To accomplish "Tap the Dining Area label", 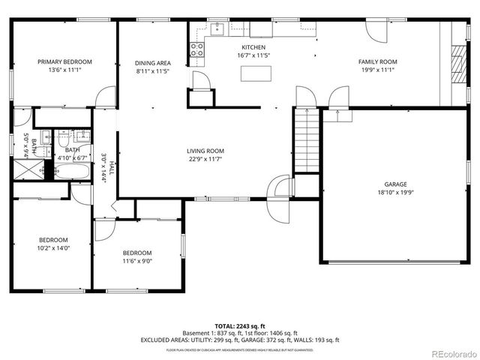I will tap(152, 63).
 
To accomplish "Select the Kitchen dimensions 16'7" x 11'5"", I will tap(254, 55).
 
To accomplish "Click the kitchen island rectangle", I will tap(253, 73).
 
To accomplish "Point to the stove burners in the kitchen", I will tap(196, 49).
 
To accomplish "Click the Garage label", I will tap(395, 184).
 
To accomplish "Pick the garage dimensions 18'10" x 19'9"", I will tap(395, 193).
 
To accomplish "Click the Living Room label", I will tap(205, 151).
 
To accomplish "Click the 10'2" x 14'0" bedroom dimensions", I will tap(53, 248).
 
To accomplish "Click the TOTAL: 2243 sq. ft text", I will tap(239, 325).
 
